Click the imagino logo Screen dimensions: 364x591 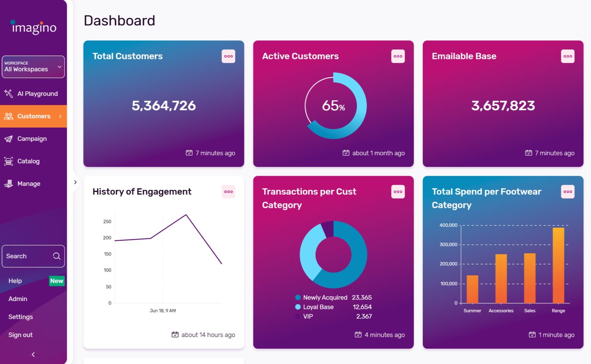click(x=33, y=27)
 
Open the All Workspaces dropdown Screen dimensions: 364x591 click(x=33, y=67)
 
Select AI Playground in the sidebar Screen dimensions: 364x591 click(x=37, y=94)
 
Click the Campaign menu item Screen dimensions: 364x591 click(x=32, y=139)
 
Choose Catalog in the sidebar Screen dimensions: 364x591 click(x=28, y=161)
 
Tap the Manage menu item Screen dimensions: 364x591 click(x=29, y=184)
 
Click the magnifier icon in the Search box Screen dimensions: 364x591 click(x=57, y=256)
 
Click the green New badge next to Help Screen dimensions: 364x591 click(x=56, y=281)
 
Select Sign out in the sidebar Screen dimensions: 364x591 click(x=20, y=335)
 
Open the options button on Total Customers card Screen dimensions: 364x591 click(x=228, y=56)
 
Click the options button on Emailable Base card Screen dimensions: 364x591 click(x=567, y=56)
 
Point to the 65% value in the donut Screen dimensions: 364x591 click(x=333, y=106)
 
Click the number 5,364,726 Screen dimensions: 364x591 click(x=164, y=106)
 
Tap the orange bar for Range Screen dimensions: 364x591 click(x=558, y=265)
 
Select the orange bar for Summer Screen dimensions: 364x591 click(x=472, y=289)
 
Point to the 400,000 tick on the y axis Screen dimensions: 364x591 click(x=448, y=225)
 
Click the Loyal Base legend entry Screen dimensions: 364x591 click(x=318, y=307)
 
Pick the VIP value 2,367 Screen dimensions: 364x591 click(x=364, y=316)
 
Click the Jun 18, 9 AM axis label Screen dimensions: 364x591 click(x=162, y=311)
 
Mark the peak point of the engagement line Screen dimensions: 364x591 click(x=186, y=215)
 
